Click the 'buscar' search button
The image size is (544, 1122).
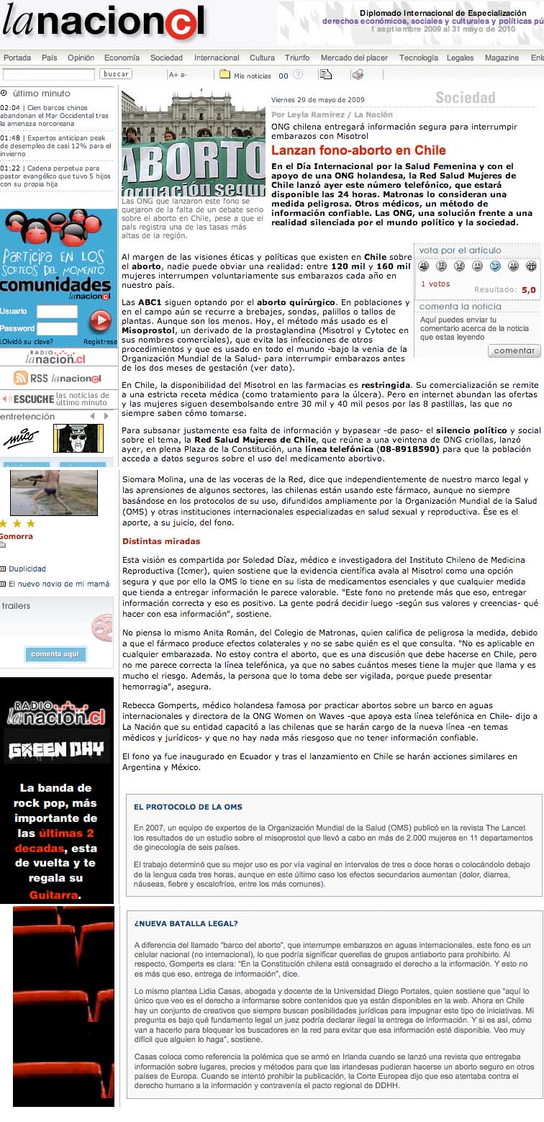tap(116, 74)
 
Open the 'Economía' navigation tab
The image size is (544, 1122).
tap(122, 58)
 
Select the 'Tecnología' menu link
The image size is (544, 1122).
tap(418, 58)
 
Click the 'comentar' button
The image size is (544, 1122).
tap(514, 350)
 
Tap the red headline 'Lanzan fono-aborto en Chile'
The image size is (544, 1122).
tap(358, 150)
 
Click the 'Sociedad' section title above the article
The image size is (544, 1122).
tap(465, 98)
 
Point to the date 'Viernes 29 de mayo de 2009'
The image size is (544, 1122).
tap(317, 100)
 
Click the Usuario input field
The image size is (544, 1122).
tap(57, 312)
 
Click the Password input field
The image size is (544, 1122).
tap(57, 328)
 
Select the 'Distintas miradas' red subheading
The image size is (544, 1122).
tap(161, 541)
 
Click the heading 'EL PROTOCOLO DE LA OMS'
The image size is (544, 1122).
tap(188, 807)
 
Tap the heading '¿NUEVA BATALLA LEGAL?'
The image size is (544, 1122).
tap(186, 923)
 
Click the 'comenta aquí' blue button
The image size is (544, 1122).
tap(55, 654)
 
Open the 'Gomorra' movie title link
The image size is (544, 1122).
tap(16, 536)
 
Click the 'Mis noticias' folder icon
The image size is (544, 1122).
tap(225, 74)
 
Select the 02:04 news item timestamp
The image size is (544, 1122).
tap(10, 107)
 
